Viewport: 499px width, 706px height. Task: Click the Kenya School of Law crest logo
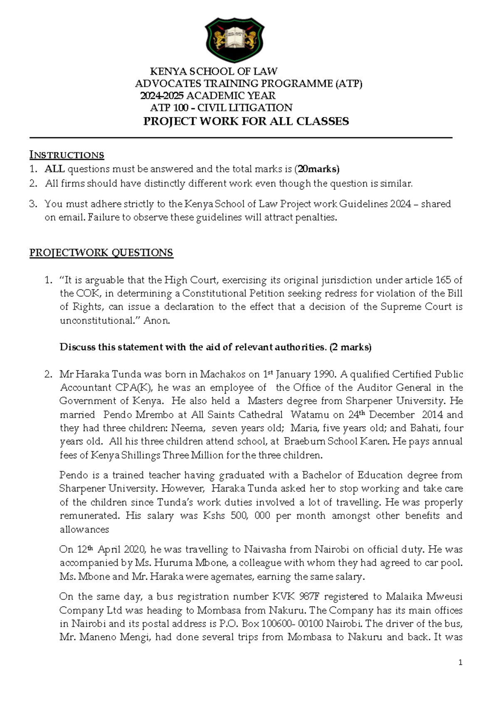pyautogui.click(x=235, y=40)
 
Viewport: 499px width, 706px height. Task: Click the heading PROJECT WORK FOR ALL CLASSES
pyautogui.click(x=246, y=122)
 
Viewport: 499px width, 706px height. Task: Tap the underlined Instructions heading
pyautogui.click(x=67, y=155)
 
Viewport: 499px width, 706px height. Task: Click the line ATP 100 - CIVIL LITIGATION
pyautogui.click(x=221, y=108)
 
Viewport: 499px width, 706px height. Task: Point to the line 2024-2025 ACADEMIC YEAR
pyautogui.click(x=208, y=96)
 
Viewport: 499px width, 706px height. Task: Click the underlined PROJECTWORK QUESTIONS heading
pyautogui.click(x=101, y=253)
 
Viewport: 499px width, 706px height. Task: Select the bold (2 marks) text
pyautogui.click(x=350, y=347)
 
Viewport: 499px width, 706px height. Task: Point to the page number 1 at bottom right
pyautogui.click(x=460, y=662)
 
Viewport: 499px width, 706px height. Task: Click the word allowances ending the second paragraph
pyautogui.click(x=84, y=529)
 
